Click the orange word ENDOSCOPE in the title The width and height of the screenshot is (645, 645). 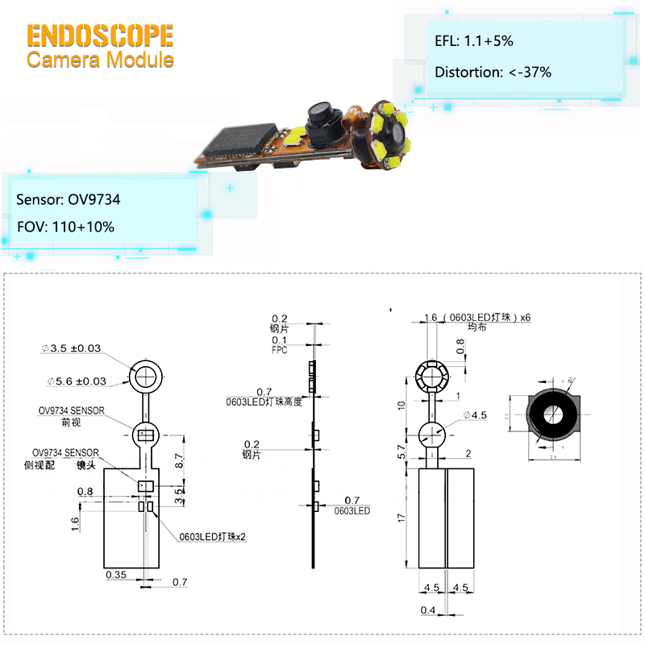point(100,35)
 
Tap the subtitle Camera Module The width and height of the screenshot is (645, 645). point(100,60)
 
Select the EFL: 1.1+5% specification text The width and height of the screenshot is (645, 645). point(473,40)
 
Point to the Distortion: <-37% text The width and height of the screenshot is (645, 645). point(493,72)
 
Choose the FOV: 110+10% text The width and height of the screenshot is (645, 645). point(65,227)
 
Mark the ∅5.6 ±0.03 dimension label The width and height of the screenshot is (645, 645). point(77,381)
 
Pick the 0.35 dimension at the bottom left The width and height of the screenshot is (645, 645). point(115,574)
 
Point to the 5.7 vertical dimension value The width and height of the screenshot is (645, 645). point(401,452)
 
